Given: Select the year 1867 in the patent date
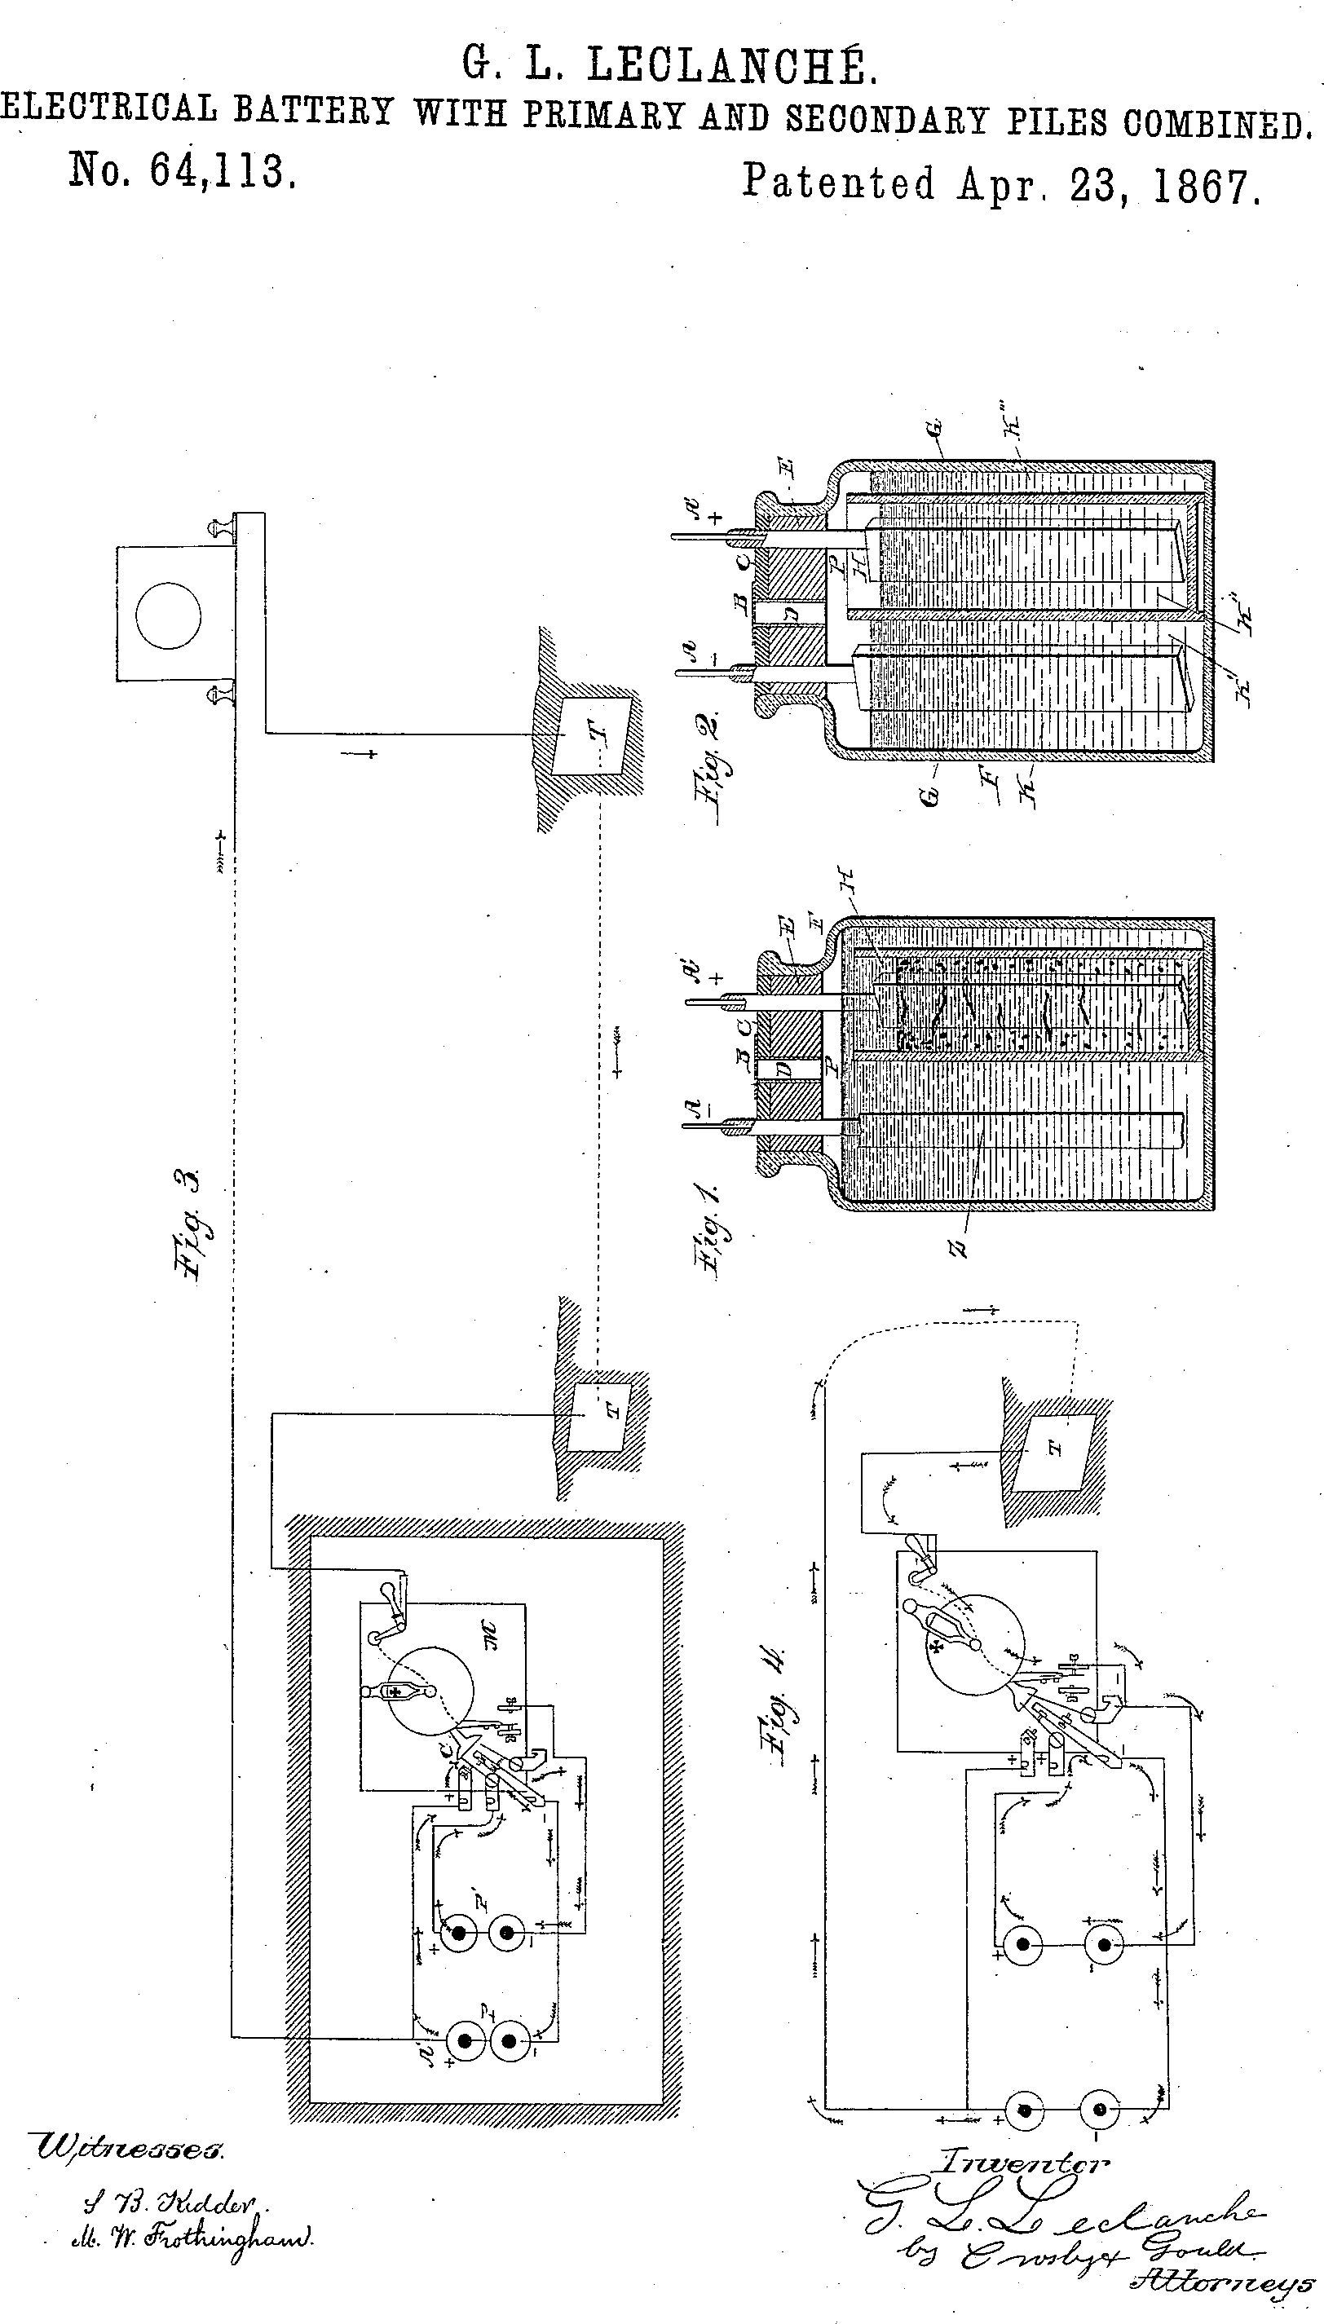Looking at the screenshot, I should pyautogui.click(x=1205, y=186).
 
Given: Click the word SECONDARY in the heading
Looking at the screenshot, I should pyautogui.click(x=887, y=120).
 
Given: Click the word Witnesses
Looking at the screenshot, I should pyautogui.click(x=128, y=2150).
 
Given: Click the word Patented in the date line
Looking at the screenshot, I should pyautogui.click(x=837, y=182).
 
